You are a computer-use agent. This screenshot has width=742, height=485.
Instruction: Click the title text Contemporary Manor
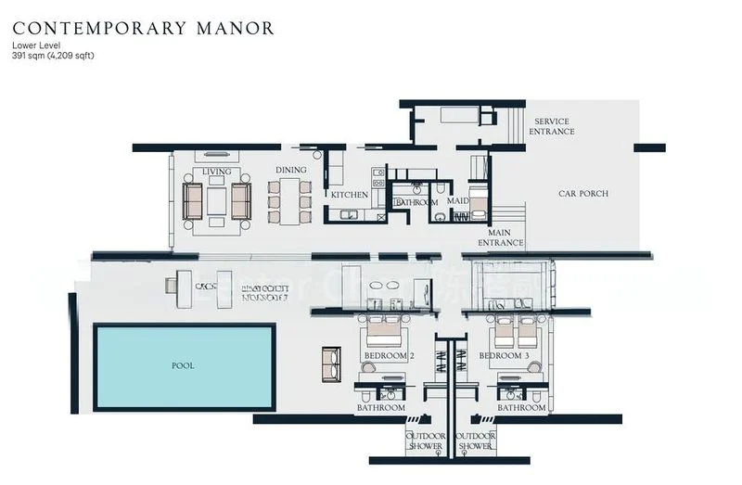(143, 28)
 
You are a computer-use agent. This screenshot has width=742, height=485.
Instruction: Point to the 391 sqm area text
(54, 56)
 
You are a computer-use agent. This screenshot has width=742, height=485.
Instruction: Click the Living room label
(216, 172)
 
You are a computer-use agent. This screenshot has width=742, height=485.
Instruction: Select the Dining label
(290, 171)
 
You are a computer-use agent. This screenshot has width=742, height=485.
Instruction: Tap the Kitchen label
(350, 196)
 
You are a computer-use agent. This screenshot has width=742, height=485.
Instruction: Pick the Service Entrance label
(551, 127)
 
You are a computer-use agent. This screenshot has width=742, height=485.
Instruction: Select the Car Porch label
(582, 194)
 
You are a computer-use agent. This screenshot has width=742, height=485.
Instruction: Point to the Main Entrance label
(501, 237)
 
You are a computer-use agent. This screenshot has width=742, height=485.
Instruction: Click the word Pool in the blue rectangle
(183, 365)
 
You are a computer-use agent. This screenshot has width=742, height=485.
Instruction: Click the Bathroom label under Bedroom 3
(521, 408)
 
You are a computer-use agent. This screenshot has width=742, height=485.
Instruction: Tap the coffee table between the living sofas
(216, 200)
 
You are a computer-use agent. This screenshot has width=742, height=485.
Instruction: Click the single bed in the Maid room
(478, 201)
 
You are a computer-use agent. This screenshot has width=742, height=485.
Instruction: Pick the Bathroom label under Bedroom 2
(381, 408)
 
